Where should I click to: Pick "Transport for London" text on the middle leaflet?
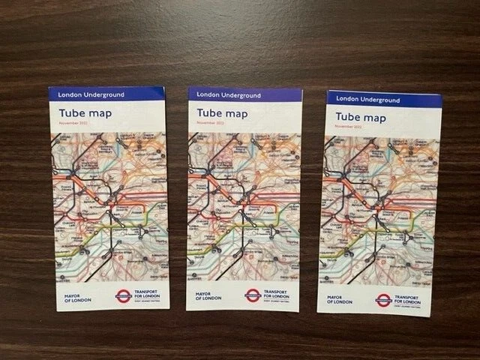tap(275, 292)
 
